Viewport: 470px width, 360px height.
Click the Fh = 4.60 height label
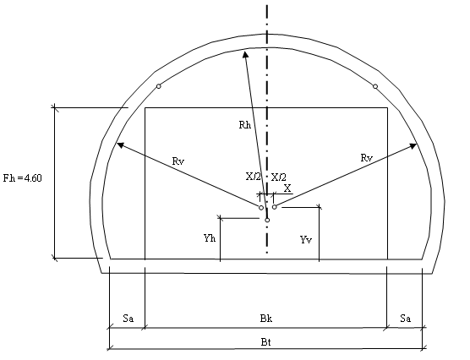pos(23,178)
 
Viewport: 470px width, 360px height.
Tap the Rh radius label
pos(245,125)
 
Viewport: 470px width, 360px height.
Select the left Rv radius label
pos(178,161)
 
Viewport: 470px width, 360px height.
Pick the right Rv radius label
pos(367,158)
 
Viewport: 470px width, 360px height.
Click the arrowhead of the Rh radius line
pos(245,53)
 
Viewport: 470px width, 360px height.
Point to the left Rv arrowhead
pos(120,145)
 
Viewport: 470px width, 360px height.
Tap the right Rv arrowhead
pos(413,146)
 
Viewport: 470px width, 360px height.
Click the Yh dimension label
pos(210,238)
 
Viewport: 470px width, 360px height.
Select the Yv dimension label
pos(306,239)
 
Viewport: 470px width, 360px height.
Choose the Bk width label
pos(266,319)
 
